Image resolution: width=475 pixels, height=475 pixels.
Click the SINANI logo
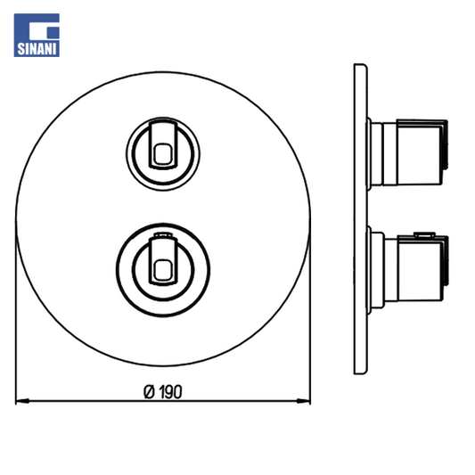pos(37,35)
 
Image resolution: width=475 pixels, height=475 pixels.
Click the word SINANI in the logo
pos(37,49)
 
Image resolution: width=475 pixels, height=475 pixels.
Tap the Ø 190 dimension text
pos(163,392)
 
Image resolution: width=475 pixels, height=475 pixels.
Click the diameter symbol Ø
pos(149,392)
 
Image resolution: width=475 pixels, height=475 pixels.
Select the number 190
pos(170,392)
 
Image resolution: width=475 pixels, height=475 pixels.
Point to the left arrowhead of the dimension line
pos(22,401)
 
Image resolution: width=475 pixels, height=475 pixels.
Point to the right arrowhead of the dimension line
pos(304,401)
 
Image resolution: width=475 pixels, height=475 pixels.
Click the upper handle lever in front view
pos(163,144)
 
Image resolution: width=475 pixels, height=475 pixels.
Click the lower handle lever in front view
pos(163,261)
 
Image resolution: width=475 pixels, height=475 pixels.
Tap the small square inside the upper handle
pos(163,154)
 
